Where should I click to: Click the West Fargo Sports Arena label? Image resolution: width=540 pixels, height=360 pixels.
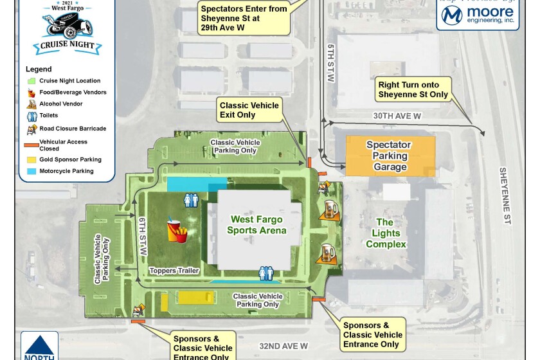tap(257, 225)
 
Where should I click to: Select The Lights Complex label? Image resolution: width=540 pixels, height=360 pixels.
tap(386, 233)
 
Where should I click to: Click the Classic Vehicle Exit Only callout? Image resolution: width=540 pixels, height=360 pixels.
tap(249, 110)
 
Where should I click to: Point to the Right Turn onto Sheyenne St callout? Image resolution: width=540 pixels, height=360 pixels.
tap(412, 89)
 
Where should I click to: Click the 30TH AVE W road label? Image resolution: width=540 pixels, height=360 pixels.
tap(397, 116)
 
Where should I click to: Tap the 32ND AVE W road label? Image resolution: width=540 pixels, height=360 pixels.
tap(283, 346)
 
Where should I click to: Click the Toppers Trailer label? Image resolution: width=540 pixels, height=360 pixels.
tap(174, 271)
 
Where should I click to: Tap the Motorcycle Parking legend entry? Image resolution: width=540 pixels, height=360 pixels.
tap(66, 171)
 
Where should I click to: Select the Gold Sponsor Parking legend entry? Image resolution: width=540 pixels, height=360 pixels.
tap(70, 159)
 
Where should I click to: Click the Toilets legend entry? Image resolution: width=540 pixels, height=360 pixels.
tap(48, 116)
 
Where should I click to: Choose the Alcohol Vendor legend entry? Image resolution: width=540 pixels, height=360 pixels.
tap(60, 104)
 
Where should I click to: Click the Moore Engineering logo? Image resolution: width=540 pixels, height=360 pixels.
tap(478, 14)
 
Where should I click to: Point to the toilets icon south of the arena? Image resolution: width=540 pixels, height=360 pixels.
tap(266, 273)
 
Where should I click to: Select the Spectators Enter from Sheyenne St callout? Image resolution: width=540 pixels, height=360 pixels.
tap(244, 18)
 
